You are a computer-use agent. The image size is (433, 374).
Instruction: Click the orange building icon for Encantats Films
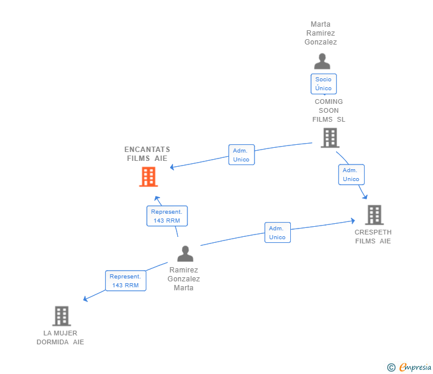(148, 176)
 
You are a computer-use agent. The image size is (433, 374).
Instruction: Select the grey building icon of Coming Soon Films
(330, 138)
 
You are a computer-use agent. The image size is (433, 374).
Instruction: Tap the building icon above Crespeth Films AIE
(374, 215)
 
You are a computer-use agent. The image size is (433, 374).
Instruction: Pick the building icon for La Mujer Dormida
(61, 316)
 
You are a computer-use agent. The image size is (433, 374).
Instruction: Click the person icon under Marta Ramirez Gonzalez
(322, 61)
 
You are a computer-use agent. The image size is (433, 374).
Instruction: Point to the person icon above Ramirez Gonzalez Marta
(185, 253)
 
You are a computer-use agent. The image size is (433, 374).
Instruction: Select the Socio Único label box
(324, 84)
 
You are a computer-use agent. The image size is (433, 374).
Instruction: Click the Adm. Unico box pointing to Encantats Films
(241, 155)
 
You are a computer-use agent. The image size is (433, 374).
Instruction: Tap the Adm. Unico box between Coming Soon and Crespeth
(351, 175)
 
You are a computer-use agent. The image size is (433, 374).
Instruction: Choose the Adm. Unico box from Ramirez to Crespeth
(277, 233)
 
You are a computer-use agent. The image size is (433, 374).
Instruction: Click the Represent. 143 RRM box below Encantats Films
(167, 216)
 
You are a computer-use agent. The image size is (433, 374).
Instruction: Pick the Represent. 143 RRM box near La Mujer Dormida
(125, 281)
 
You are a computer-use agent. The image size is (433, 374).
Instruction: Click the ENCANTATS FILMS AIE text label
(147, 154)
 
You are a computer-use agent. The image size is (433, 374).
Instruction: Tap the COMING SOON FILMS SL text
(329, 110)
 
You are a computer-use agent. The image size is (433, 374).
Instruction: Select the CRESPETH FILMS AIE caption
(373, 236)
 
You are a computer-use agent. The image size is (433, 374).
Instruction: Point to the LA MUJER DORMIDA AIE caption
(60, 338)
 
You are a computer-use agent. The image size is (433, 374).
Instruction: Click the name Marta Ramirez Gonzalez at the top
(321, 33)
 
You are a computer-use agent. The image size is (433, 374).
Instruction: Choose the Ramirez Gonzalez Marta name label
(184, 278)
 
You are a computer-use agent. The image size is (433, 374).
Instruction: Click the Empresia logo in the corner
(415, 367)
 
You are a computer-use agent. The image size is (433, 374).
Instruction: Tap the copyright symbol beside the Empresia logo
(391, 368)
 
